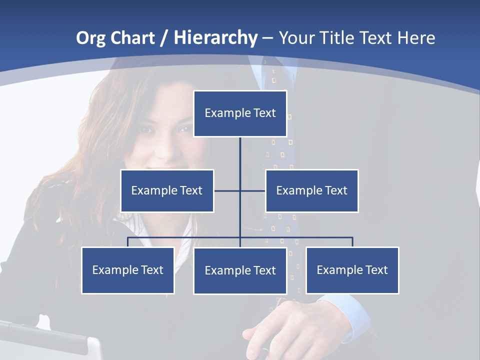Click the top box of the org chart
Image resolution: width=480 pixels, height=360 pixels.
[x=240, y=113]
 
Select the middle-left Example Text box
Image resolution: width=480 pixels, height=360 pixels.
[x=167, y=190]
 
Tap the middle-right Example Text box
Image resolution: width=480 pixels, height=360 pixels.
[x=311, y=190]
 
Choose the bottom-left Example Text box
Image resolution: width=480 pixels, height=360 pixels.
[x=127, y=270]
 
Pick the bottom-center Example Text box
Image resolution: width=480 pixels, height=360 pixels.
[x=240, y=270]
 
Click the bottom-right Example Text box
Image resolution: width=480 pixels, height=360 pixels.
[x=352, y=270]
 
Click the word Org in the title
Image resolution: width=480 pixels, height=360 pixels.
[x=90, y=38]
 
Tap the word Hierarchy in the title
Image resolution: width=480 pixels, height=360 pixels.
[x=215, y=38]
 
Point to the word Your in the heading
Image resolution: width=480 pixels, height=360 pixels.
[x=297, y=38]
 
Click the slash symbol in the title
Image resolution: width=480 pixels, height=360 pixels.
[x=164, y=38]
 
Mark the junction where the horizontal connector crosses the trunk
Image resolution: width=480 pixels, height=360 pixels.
[x=240, y=190]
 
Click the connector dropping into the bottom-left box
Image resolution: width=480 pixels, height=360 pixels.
[x=127, y=242]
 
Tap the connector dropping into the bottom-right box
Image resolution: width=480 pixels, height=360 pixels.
[x=352, y=242]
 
